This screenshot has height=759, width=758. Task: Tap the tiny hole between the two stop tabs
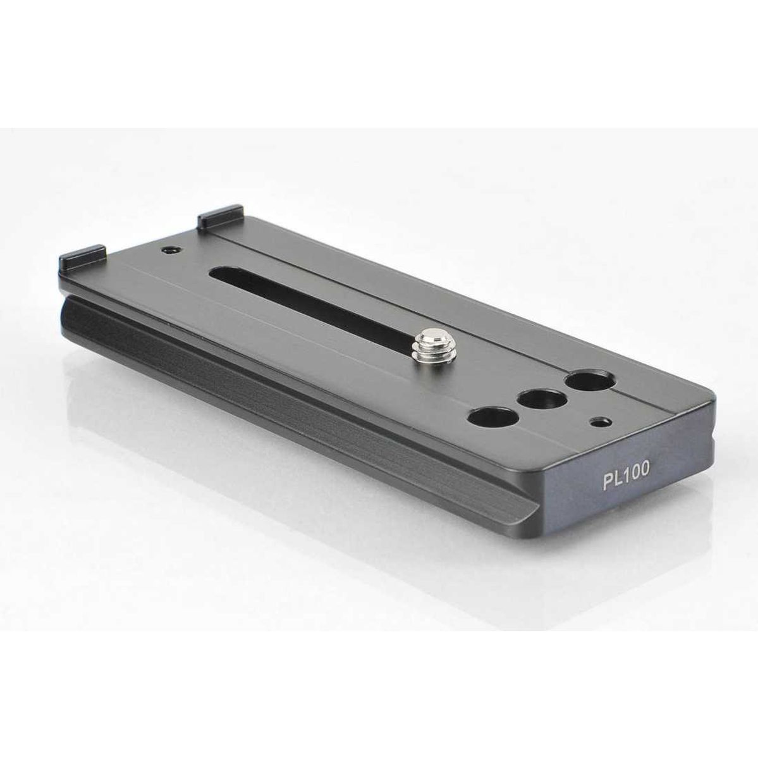point(170,250)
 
